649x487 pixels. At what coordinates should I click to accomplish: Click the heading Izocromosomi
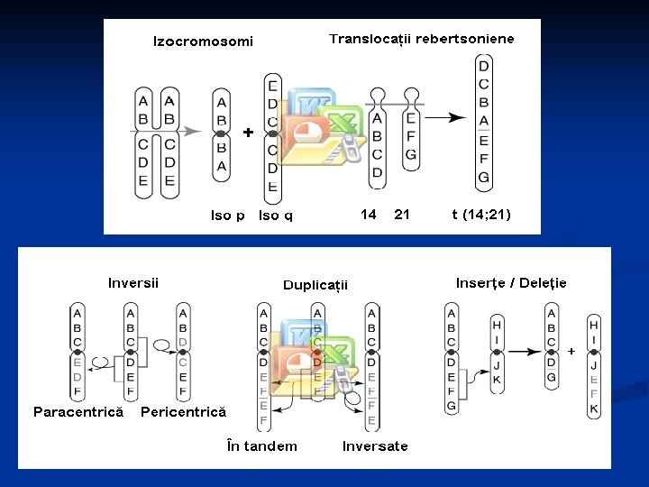pyautogui.click(x=203, y=41)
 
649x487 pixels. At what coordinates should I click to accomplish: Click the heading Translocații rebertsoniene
pyautogui.click(x=421, y=39)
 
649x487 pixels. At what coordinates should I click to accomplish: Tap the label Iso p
pyautogui.click(x=228, y=216)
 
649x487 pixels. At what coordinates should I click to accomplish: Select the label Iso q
pyautogui.click(x=275, y=216)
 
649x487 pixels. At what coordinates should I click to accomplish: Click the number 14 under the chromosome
pyautogui.click(x=368, y=215)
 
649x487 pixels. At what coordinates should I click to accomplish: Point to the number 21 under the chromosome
pyautogui.click(x=402, y=215)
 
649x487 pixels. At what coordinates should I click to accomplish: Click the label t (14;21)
pyautogui.click(x=480, y=215)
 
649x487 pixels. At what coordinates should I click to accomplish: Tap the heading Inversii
pyautogui.click(x=133, y=283)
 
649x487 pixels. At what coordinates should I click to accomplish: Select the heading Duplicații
pyautogui.click(x=315, y=285)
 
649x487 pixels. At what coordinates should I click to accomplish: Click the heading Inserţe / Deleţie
pyautogui.click(x=511, y=283)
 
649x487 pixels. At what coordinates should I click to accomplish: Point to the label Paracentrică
pyautogui.click(x=78, y=412)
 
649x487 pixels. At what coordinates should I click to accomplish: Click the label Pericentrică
pyautogui.click(x=184, y=412)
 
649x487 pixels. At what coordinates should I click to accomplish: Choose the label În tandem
pyautogui.click(x=262, y=446)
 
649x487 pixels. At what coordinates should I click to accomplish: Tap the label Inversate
pyautogui.click(x=375, y=446)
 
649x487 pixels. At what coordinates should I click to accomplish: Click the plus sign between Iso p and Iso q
pyautogui.click(x=248, y=133)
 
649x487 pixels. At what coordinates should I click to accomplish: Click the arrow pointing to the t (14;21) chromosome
pyautogui.click(x=446, y=117)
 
